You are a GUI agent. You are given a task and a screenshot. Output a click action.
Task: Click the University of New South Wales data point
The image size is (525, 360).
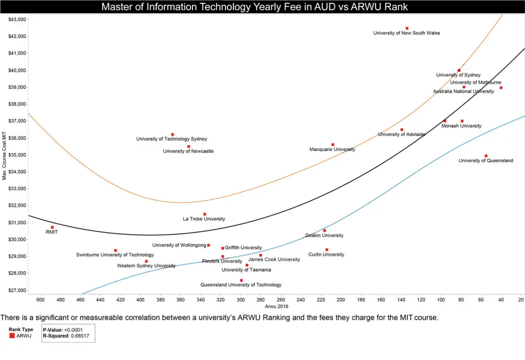pyautogui.click(x=407, y=28)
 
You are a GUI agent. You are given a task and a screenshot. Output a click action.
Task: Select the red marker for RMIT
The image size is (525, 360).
pyautogui.click(x=52, y=227)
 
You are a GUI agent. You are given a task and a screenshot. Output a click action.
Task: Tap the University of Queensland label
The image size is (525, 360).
pyautogui.click(x=486, y=161)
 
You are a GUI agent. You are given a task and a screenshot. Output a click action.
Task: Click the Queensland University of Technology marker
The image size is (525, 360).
pyautogui.click(x=242, y=281)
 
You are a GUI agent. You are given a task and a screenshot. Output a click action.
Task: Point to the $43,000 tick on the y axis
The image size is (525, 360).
pyautogui.click(x=17, y=20)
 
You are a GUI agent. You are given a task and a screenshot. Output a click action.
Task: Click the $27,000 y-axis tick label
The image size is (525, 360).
pyautogui.click(x=17, y=290)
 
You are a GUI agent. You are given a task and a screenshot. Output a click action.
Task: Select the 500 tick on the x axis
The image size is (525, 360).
pyautogui.click(x=40, y=300)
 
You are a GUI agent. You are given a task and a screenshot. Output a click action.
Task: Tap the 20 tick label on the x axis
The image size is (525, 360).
pyautogui.click(x=521, y=300)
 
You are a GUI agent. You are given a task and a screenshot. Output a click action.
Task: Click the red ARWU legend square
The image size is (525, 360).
pyautogui.click(x=12, y=336)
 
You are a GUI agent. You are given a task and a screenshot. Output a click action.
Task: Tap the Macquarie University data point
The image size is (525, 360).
pyautogui.click(x=333, y=144)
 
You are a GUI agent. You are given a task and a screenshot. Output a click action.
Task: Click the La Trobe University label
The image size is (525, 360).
pyautogui.click(x=204, y=219)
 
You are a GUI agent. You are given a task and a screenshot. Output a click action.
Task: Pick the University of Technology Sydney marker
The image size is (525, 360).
pyautogui.click(x=173, y=134)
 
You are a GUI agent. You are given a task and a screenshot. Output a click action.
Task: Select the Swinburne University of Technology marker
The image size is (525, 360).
pyautogui.click(x=116, y=250)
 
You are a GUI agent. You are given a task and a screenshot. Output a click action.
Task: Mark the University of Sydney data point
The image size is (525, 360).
pyautogui.click(x=459, y=70)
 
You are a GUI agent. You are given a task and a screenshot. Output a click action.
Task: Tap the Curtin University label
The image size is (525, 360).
pyautogui.click(x=326, y=254)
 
